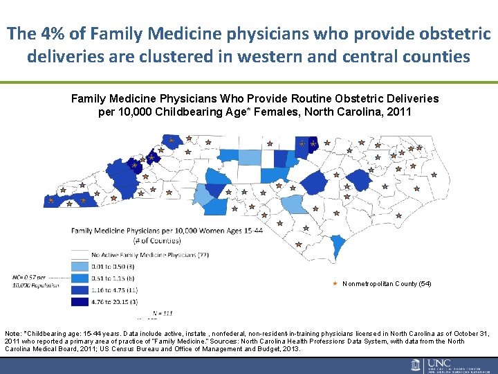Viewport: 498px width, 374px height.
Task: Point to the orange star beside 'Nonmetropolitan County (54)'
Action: point(335,284)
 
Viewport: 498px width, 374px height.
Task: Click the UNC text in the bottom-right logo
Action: point(437,363)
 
